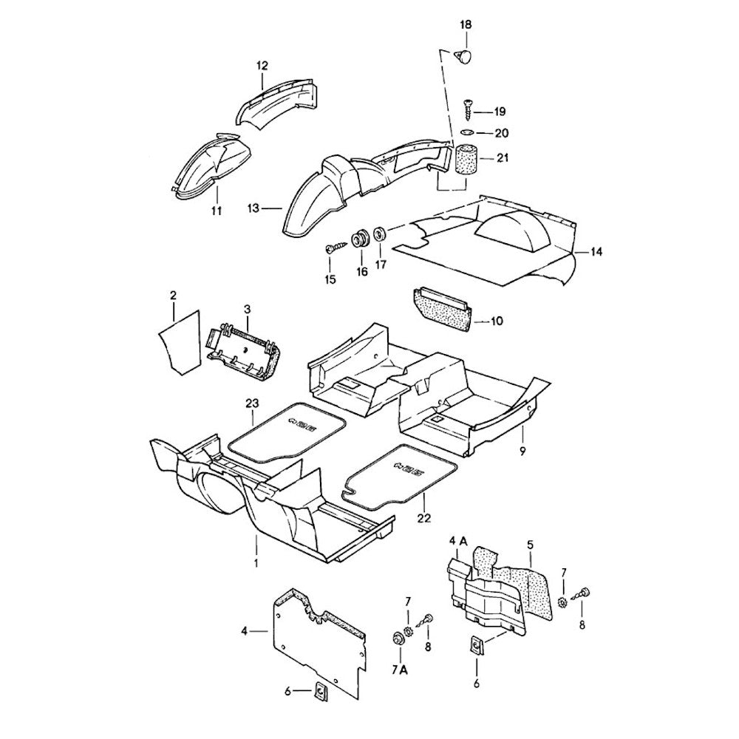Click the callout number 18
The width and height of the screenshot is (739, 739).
[465, 25]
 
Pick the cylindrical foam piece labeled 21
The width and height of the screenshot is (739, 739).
[464, 158]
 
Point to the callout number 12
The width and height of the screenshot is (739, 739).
[262, 66]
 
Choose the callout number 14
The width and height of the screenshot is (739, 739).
[596, 252]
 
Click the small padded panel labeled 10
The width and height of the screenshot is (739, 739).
[441, 307]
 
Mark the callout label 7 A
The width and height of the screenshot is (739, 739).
[399, 670]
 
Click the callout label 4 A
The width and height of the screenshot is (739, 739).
[458, 542]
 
